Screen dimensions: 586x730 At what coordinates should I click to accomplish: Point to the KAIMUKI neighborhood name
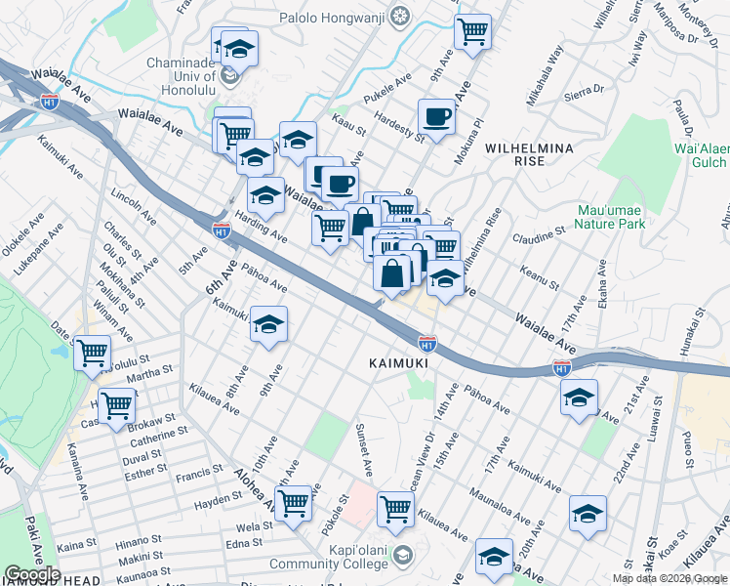(399, 362)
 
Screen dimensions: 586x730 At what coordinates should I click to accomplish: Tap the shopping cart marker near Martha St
(117, 403)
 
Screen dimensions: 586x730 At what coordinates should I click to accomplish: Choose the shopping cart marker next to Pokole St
(294, 504)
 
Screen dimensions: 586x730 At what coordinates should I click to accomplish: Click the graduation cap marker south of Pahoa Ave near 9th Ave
(269, 326)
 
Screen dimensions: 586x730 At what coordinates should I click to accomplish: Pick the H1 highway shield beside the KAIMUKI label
(426, 344)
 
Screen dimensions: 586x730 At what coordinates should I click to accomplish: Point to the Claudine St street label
(540, 234)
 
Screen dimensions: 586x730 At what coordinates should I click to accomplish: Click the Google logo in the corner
(32, 574)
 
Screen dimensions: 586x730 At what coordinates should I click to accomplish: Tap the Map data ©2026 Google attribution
(670, 578)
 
